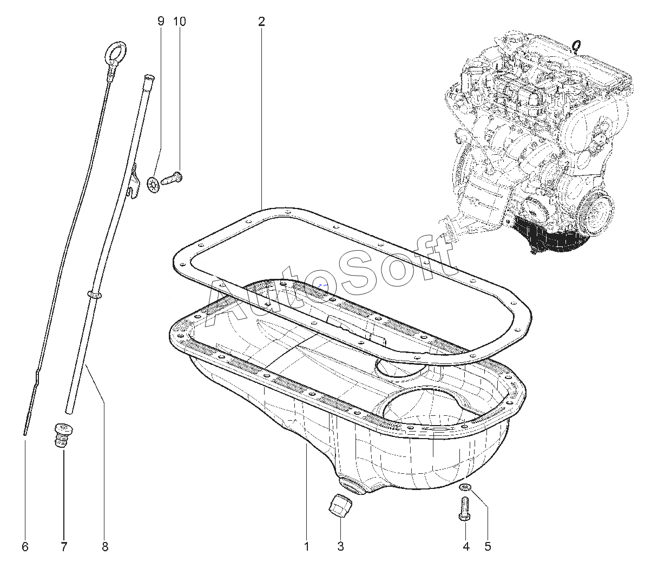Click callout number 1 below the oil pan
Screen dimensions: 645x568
[306, 546]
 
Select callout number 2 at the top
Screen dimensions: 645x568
[261, 22]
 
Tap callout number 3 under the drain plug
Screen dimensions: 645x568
[340, 546]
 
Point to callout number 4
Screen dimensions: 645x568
[466, 546]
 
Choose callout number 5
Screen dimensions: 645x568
[488, 546]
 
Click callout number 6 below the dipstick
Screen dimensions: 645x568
[25, 547]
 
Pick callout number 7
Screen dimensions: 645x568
[64, 547]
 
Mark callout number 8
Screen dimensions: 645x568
[105, 547]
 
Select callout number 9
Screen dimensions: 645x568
[160, 22]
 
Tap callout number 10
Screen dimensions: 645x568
[180, 22]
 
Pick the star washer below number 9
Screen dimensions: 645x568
[153, 186]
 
